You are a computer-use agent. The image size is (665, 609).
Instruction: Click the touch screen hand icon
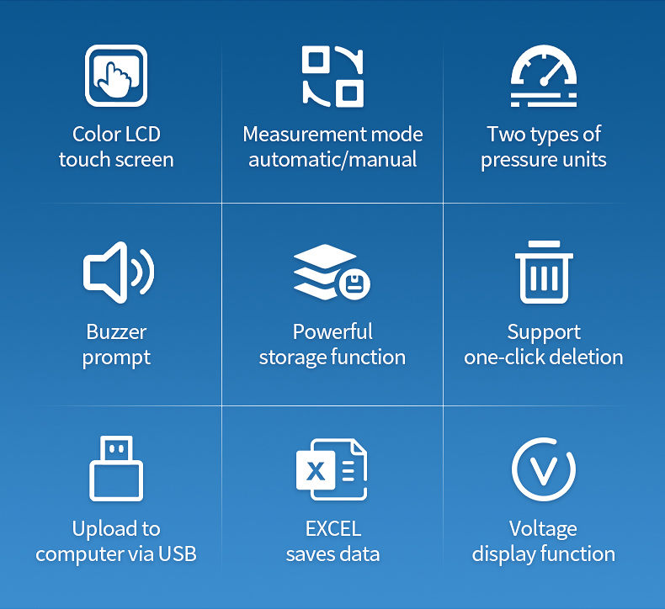click(116, 77)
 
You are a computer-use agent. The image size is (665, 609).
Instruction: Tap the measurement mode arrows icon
click(332, 77)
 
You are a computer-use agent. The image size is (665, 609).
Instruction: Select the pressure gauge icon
click(544, 77)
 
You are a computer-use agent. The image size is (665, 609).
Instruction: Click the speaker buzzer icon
click(118, 272)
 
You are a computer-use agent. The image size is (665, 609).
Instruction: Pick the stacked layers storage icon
click(328, 272)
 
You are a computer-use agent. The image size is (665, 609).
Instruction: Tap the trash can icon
click(544, 272)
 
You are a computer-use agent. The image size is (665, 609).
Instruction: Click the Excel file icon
click(332, 469)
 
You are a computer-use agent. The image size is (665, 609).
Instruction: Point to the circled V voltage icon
click(544, 469)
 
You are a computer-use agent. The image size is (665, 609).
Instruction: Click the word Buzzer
click(116, 331)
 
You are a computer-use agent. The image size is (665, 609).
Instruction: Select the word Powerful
click(332, 331)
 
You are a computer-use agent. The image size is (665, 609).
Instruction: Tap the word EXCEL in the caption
click(332, 528)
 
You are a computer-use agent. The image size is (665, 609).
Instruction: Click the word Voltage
click(544, 528)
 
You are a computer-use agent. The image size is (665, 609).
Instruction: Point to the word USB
click(178, 554)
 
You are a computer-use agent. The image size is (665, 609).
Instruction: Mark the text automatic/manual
click(332, 160)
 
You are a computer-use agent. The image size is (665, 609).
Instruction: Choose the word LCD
click(142, 134)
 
